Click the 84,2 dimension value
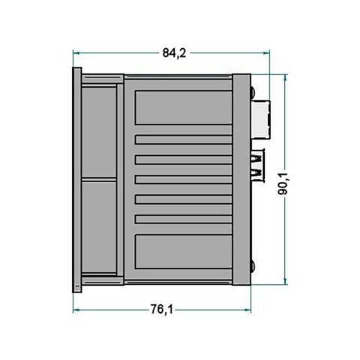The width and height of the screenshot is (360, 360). point(174,53)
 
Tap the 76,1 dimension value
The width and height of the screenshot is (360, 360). point(161,309)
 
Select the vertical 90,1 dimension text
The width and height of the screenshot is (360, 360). point(283,184)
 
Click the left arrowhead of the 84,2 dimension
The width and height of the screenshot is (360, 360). point(76,53)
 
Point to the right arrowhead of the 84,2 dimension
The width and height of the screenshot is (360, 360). point(266,53)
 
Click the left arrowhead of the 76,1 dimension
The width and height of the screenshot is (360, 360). point(76,310)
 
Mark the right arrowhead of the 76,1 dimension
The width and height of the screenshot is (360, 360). point(247,310)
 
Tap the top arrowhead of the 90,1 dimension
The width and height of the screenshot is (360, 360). point(285,77)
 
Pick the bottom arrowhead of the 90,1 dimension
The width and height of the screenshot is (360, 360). point(285,281)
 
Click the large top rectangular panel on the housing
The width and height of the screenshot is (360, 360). point(184,107)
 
